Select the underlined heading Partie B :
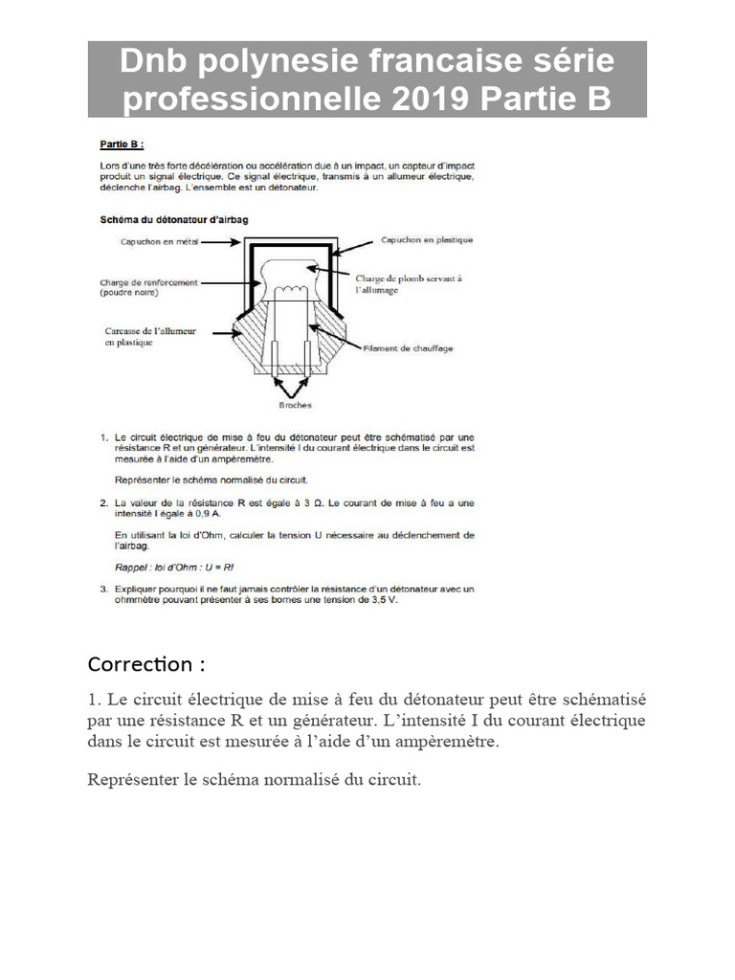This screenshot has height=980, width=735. pyautogui.click(x=122, y=145)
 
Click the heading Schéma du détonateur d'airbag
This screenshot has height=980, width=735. pyautogui.click(x=174, y=219)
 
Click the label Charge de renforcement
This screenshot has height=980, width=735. pyautogui.click(x=148, y=282)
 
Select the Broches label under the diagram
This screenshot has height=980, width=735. pyautogui.click(x=295, y=405)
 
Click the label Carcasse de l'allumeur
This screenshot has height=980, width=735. pyautogui.click(x=150, y=331)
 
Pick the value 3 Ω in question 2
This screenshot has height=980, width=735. pyautogui.click(x=321, y=502)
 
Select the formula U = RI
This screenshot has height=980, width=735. pyautogui.click(x=217, y=568)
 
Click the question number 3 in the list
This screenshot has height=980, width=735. pyautogui.click(x=104, y=590)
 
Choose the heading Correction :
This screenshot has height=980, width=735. pyautogui.click(x=146, y=664)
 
